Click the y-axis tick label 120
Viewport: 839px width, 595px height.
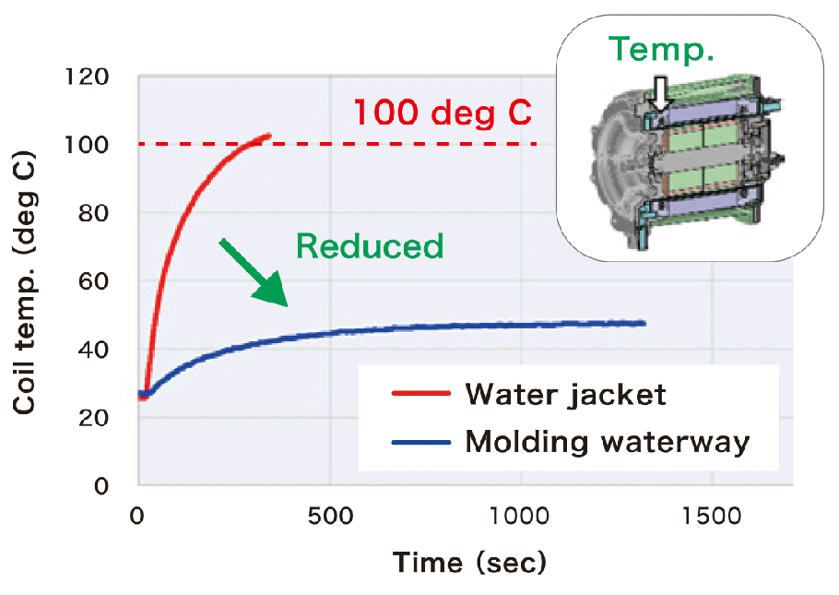(89, 77)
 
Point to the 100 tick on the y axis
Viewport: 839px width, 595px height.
(89, 145)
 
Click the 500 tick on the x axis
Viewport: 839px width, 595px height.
(329, 515)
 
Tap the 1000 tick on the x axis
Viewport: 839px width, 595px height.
(521, 515)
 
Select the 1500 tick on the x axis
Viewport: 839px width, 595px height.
(712, 515)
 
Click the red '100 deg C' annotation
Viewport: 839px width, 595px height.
(443, 113)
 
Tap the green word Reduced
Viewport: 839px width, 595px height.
(370, 246)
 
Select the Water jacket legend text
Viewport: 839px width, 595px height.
(565, 395)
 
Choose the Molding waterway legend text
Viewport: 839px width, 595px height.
(608, 441)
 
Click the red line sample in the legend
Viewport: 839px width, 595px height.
(420, 395)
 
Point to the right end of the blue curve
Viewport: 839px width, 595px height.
(643, 323)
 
